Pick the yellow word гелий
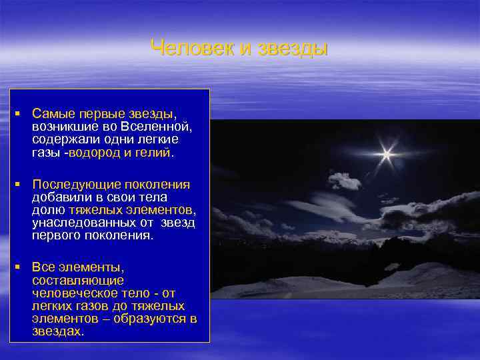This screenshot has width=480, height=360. [x=153, y=153]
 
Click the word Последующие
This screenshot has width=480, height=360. [x=73, y=185]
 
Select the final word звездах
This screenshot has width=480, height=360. [x=57, y=331]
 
